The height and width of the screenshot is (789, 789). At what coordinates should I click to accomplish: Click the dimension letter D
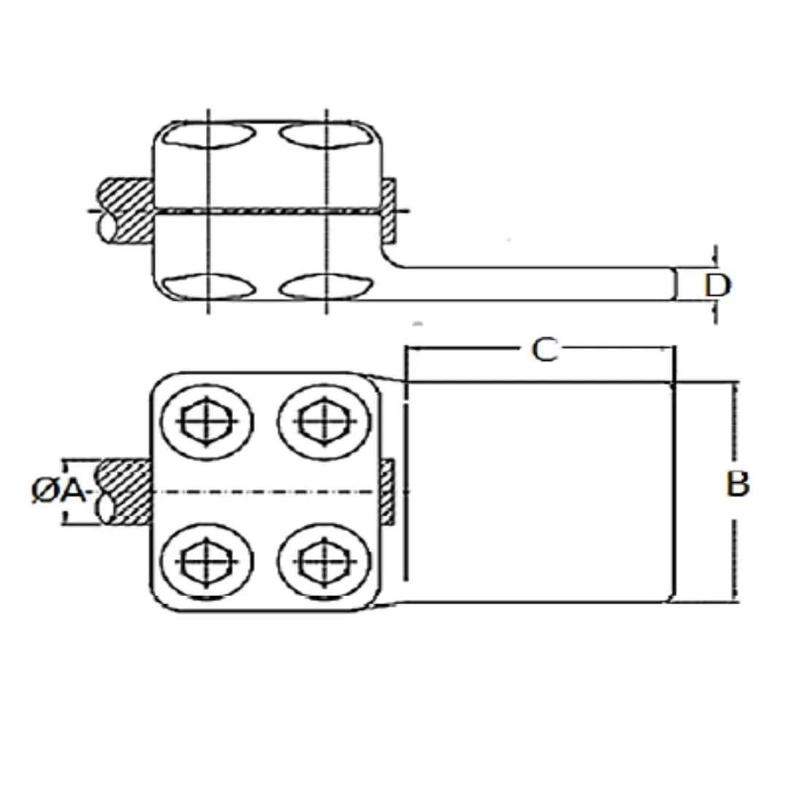pos(717,285)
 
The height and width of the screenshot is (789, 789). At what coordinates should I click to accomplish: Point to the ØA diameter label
pos(58,490)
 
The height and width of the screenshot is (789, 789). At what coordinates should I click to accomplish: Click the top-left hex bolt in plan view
pos(207,422)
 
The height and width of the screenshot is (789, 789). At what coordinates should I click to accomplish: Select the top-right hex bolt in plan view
pos(324,422)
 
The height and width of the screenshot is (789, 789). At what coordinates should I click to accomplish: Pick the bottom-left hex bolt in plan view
pos(207,561)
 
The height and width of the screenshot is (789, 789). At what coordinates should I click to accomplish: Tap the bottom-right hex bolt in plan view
pos(324,561)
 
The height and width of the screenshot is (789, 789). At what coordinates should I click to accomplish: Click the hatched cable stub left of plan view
pos(125,492)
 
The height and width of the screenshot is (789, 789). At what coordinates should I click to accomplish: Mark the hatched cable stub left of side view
pos(126,211)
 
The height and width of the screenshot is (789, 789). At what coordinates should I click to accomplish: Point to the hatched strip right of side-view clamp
pos(388,210)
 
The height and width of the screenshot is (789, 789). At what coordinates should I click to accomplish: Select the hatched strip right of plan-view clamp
pos(386,492)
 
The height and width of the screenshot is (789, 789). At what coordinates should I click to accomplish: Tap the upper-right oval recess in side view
pos(326,135)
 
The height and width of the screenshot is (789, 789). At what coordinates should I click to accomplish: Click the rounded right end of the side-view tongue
pos(674,284)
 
